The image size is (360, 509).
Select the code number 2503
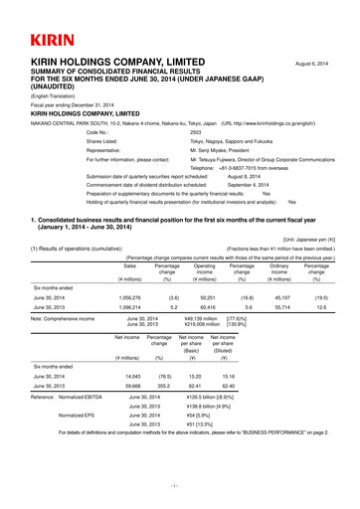tap(195, 131)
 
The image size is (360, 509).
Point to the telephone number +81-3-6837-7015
tap(241, 168)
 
